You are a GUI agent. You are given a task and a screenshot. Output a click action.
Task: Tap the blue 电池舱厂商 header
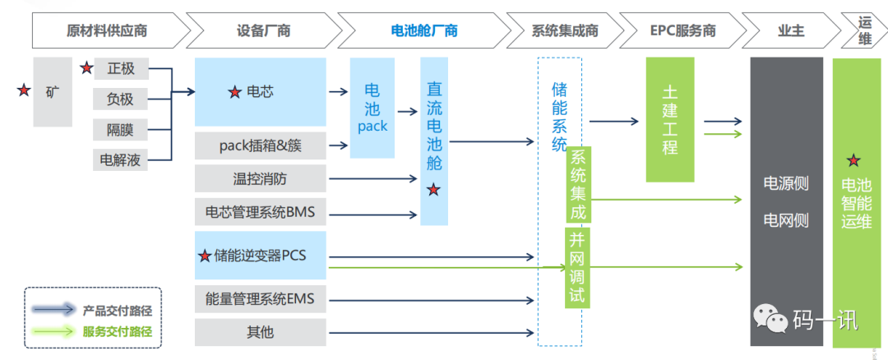[x=423, y=31]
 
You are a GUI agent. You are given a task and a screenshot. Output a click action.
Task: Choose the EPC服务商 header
[x=682, y=31]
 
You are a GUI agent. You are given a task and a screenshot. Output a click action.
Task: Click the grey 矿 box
[x=53, y=92]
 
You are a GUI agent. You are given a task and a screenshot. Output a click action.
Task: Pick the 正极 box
[x=121, y=69]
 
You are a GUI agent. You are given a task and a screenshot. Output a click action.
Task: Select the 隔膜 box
[x=121, y=130]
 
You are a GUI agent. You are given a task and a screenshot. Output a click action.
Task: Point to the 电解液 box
[x=121, y=159]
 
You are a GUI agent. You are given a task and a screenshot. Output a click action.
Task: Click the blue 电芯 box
[x=261, y=92]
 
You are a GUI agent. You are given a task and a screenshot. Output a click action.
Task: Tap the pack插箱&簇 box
[x=261, y=146]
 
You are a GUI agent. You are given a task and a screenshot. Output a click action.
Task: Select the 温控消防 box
[x=261, y=178]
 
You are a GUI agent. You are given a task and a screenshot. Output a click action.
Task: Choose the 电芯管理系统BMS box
[x=261, y=213]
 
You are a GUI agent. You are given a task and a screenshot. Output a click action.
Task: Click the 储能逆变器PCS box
[x=261, y=255]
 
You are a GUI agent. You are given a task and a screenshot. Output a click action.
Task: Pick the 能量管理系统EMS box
[x=261, y=298]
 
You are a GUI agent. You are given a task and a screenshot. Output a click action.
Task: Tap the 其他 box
[x=261, y=332]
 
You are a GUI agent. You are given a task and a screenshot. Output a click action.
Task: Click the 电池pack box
[x=372, y=108]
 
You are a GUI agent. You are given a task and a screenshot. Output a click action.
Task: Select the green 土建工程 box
[x=670, y=120]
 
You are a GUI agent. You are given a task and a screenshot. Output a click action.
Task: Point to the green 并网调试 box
[x=578, y=268]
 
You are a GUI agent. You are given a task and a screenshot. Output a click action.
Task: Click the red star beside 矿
[x=23, y=91]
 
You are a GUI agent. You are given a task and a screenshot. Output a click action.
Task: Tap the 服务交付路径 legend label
[x=118, y=332]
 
